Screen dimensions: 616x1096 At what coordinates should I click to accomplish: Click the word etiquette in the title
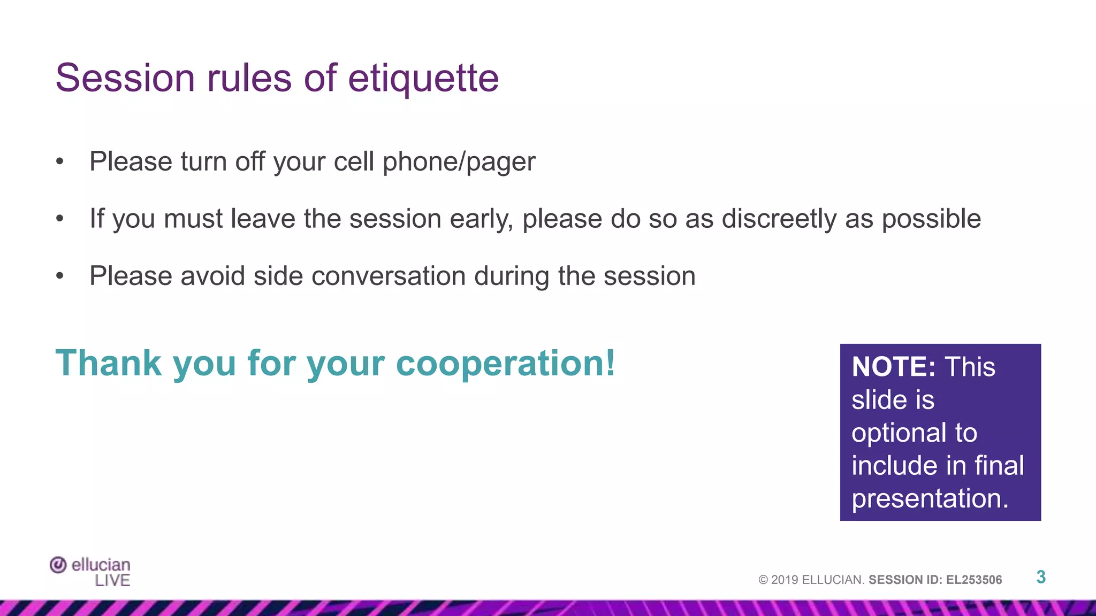[423, 79]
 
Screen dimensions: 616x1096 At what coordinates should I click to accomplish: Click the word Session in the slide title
[125, 79]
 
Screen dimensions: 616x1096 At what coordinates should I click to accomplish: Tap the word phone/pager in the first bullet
[459, 162]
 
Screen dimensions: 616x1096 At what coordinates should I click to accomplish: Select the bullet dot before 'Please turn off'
[60, 161]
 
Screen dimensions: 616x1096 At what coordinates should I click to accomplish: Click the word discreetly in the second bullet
[779, 219]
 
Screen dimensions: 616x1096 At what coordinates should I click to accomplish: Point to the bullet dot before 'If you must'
[60, 218]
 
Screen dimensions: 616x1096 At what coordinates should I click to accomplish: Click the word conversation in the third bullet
[388, 276]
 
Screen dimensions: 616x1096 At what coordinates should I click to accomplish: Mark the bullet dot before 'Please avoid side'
[60, 276]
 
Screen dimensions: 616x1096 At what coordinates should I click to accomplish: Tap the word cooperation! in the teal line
[505, 364]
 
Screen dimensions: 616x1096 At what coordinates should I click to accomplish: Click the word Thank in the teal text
[109, 364]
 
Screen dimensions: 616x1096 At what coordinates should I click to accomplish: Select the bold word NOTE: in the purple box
[893, 367]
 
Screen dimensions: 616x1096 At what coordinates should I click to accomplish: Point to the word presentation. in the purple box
[930, 498]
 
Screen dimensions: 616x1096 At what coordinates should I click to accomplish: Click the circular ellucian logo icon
[58, 565]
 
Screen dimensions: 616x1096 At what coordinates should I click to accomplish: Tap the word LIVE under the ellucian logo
[112, 580]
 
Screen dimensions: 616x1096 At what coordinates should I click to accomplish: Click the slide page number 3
[1041, 577]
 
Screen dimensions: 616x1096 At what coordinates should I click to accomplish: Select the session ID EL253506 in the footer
[974, 580]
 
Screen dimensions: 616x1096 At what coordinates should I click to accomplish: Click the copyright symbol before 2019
[763, 580]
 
